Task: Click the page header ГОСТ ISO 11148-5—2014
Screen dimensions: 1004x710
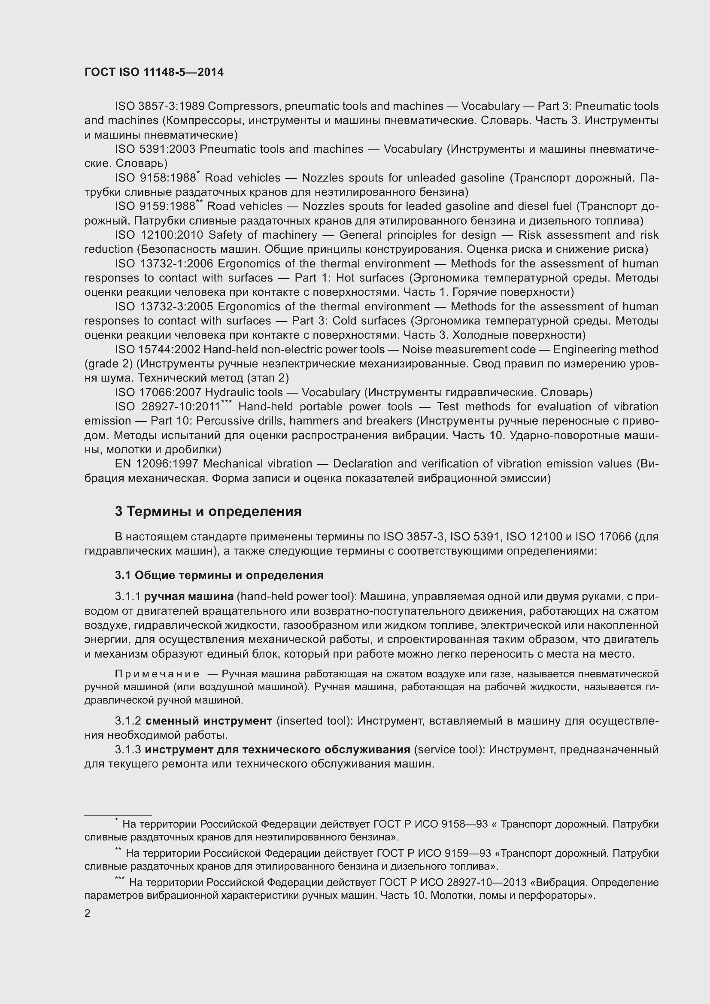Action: coord(154,72)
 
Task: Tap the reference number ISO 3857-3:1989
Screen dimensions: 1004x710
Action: coord(160,106)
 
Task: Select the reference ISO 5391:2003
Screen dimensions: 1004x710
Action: coord(155,149)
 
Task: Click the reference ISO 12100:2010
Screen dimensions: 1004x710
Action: coord(159,235)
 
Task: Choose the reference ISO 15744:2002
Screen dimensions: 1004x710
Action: coord(158,349)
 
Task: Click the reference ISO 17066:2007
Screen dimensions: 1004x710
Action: coord(158,392)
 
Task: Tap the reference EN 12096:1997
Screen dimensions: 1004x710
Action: coord(157,464)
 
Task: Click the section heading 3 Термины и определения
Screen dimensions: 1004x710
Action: coord(208,511)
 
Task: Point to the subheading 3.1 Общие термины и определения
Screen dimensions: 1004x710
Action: coord(219,575)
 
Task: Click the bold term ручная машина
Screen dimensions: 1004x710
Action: coord(188,597)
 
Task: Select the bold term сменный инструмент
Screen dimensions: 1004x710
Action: coord(209,721)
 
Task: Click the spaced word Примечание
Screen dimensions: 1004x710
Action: coord(157,674)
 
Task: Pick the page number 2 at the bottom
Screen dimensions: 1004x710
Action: coord(88,913)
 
